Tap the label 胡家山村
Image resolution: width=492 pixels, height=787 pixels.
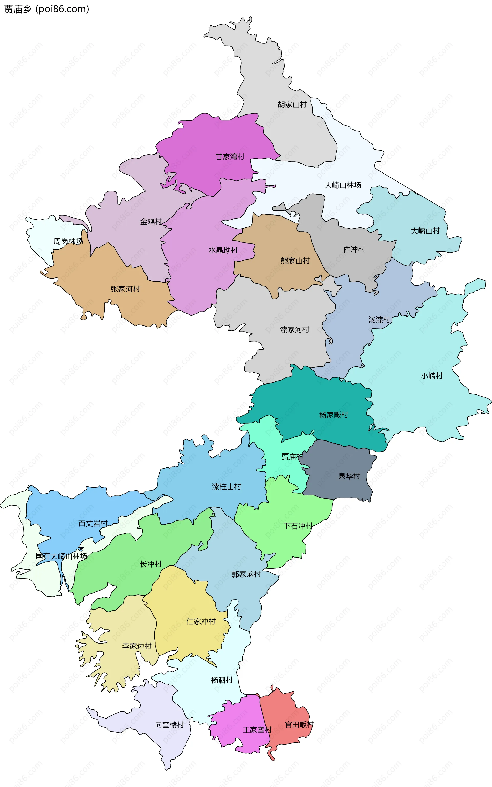coord(292,105)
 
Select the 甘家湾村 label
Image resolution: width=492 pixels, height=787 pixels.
coord(230,157)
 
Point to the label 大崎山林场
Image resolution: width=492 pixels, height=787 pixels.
coord(343,185)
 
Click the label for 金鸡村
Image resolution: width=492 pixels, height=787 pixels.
coord(151,222)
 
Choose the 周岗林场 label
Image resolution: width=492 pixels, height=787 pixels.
coord(68,242)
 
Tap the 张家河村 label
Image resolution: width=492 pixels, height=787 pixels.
coord(125,289)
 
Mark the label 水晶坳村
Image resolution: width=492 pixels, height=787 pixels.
coord(223,250)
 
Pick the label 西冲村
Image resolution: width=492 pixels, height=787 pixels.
coord(354,249)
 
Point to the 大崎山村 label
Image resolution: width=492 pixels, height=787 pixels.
coord(425,231)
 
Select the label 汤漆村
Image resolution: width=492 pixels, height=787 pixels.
coord(379,320)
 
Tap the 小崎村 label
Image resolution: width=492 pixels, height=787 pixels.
coord(432,376)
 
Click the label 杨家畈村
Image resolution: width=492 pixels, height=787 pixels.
coord(334,415)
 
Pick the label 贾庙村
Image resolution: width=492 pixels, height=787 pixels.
coord(292,457)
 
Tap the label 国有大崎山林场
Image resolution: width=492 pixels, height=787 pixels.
coord(61,556)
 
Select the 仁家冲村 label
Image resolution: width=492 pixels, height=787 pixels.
coord(201,621)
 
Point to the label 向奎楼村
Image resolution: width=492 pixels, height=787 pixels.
coord(169,725)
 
